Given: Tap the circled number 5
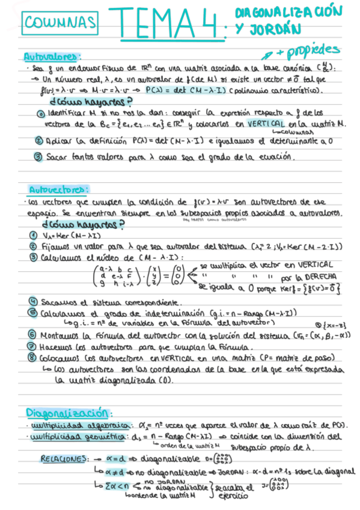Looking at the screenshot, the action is point(33,313).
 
